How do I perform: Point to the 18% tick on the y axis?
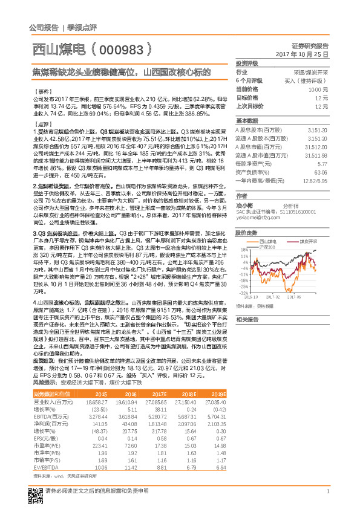[244, 249]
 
